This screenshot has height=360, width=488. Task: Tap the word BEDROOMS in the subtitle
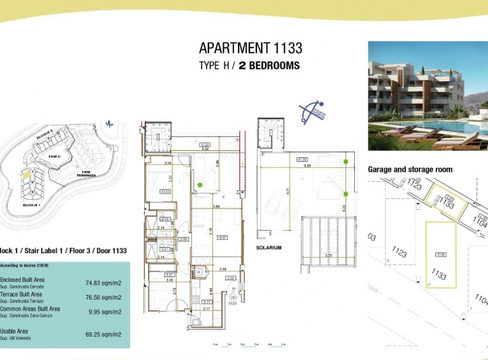[x=270, y=66]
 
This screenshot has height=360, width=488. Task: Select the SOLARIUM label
[x=268, y=248]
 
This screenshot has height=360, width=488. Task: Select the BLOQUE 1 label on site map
[x=31, y=205]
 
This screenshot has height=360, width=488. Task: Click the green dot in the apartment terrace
[x=200, y=183]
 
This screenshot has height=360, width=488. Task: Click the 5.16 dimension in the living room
[x=210, y=230]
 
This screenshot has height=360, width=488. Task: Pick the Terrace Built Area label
[x=20, y=295]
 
